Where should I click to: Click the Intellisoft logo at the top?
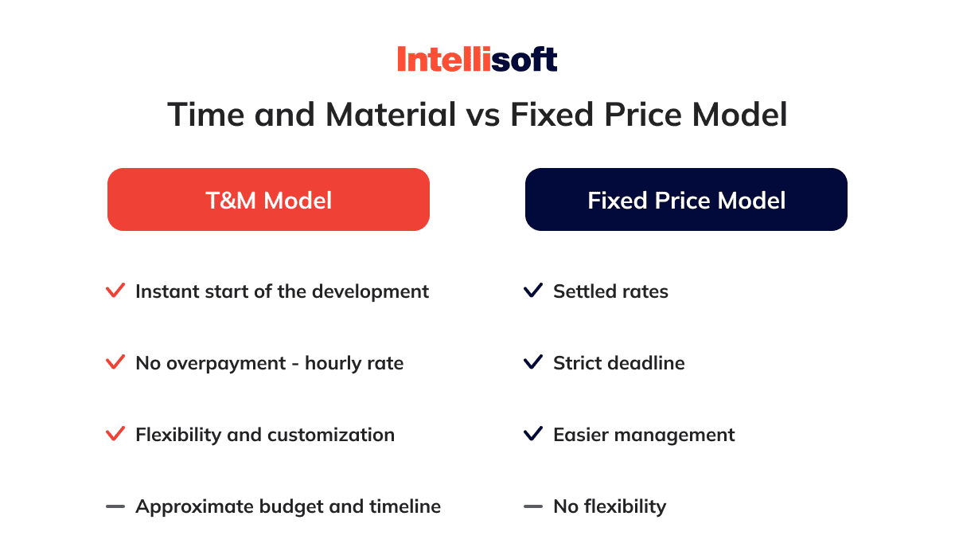coord(477,59)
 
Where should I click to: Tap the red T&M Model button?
coord(269,200)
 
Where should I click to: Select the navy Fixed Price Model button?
coord(686,200)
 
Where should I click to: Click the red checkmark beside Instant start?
coord(115,291)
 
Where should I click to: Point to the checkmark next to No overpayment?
coord(115,362)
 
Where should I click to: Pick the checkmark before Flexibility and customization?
coord(115,434)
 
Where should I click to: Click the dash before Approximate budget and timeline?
coord(115,506)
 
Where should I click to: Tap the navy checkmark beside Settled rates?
coord(533,291)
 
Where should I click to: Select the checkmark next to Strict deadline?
coord(533,362)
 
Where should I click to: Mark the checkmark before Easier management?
coord(533,434)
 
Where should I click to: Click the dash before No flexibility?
coord(533,506)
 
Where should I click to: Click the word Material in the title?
coord(391,115)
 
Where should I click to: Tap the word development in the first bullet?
coord(371,292)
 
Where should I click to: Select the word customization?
coord(331,435)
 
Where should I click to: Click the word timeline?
coord(405,506)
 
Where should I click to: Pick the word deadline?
coord(646,363)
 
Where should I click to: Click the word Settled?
coord(584,291)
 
